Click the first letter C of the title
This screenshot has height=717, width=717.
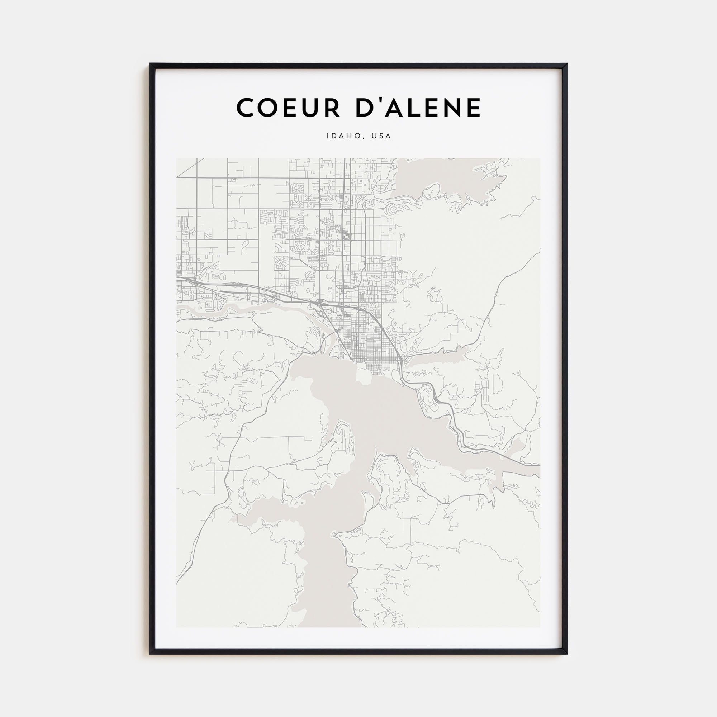tap(246, 108)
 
